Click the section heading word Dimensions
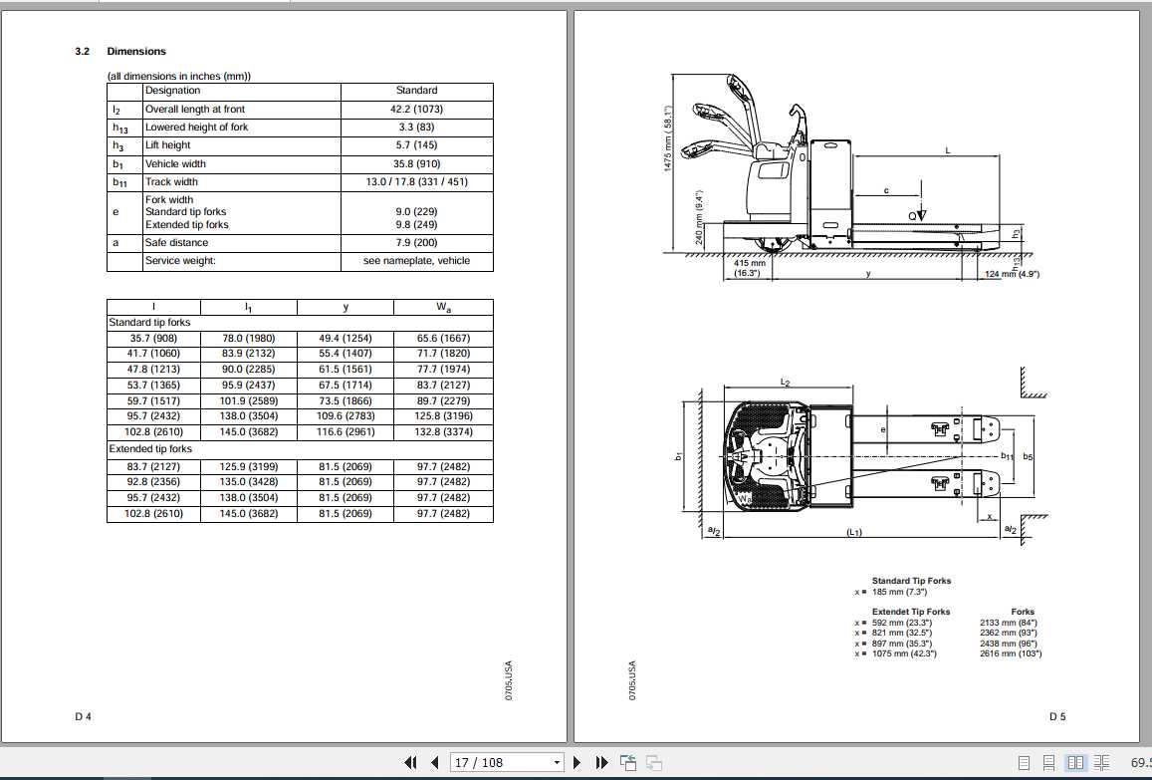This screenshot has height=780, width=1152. pos(136,51)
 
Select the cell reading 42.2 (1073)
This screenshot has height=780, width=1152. pos(416,109)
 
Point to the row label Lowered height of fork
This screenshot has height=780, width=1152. pos(196,128)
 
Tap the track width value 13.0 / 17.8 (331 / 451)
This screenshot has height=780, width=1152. pos(416,182)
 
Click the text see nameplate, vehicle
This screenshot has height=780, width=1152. pos(416,261)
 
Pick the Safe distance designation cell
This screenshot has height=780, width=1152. pos(176,242)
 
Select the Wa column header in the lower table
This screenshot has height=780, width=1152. pos(443,307)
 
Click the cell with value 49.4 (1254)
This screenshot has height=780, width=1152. pos(345,338)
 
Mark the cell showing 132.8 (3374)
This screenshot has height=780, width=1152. pos(443,432)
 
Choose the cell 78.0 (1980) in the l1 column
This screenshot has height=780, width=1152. pos(249,338)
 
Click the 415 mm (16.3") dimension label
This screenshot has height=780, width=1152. pos(749,268)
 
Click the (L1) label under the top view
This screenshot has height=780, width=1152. pos(853,533)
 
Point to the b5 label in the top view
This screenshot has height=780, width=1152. pos(1029,456)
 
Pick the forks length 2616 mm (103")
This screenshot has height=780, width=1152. pos(1010,653)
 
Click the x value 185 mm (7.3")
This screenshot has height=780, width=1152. pos(902,592)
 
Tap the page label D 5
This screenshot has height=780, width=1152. pos(1056,716)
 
